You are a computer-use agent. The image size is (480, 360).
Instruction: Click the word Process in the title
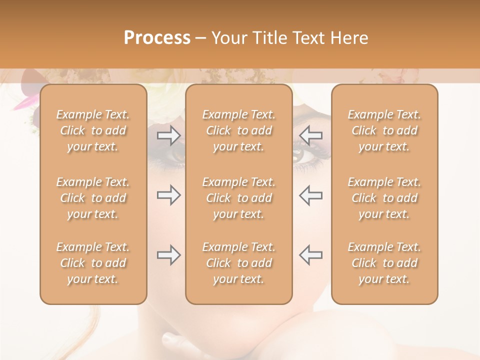click(157, 38)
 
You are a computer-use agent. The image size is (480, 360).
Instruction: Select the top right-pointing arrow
click(168, 135)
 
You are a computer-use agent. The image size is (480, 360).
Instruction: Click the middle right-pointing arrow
click(168, 195)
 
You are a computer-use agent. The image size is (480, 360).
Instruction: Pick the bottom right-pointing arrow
click(168, 255)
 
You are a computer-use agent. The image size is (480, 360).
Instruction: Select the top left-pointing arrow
click(310, 135)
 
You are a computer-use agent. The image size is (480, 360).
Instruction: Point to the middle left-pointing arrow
click(310, 195)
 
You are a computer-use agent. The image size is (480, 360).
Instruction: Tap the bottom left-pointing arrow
click(310, 255)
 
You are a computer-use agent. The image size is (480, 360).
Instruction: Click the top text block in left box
click(93, 130)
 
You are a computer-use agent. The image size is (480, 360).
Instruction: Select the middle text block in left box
click(93, 198)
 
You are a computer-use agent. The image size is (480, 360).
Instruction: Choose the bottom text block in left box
click(93, 263)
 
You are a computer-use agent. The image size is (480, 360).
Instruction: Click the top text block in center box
click(238, 130)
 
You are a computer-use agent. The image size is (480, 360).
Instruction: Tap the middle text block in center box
click(238, 198)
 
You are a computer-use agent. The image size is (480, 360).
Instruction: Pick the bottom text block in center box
click(238, 263)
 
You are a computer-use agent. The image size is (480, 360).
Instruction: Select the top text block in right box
click(384, 130)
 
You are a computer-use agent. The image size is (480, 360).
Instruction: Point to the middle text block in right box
click(384, 198)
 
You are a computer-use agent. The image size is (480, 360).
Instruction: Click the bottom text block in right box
click(384, 263)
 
